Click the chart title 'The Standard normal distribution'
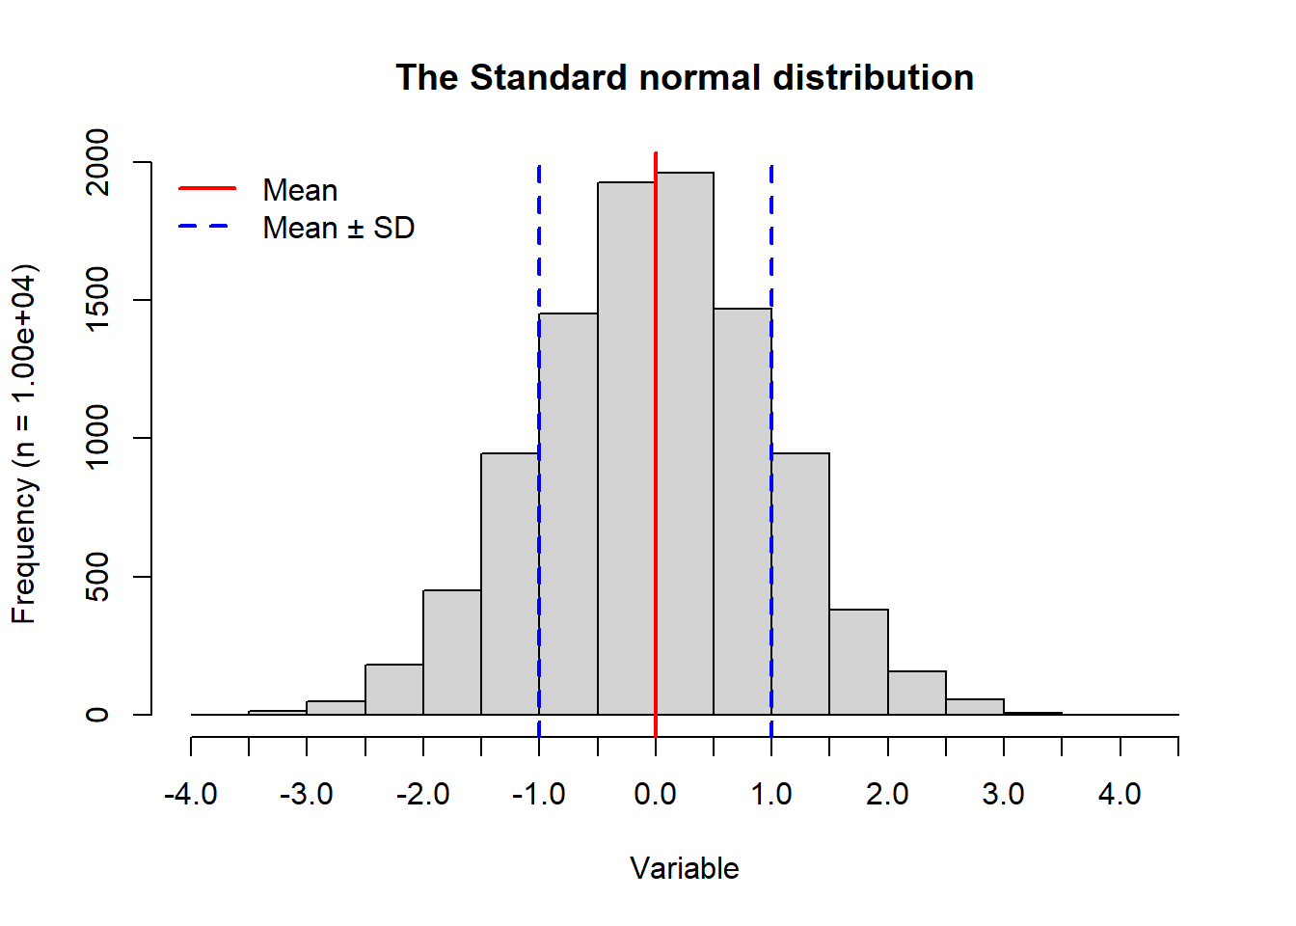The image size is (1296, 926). pyautogui.click(x=685, y=78)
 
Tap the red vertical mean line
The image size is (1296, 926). pyautogui.click(x=656, y=434)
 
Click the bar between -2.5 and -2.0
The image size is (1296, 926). pyautogui.click(x=393, y=690)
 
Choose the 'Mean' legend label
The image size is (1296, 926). pyautogui.click(x=300, y=190)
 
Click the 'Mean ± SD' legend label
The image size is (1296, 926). pyautogui.click(x=338, y=228)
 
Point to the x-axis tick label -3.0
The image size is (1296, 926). pyautogui.click(x=306, y=794)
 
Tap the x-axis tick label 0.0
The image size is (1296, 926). pyautogui.click(x=656, y=794)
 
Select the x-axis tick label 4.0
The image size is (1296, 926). pyautogui.click(x=1120, y=794)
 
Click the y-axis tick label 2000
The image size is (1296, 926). pyautogui.click(x=97, y=162)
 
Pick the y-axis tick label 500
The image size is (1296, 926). pyautogui.click(x=97, y=577)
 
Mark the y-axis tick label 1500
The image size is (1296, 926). pyautogui.click(x=97, y=300)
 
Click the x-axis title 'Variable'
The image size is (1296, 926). pyautogui.click(x=685, y=868)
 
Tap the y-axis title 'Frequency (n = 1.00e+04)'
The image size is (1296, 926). pyautogui.click(x=24, y=444)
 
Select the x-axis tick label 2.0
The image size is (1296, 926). pyautogui.click(x=887, y=794)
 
